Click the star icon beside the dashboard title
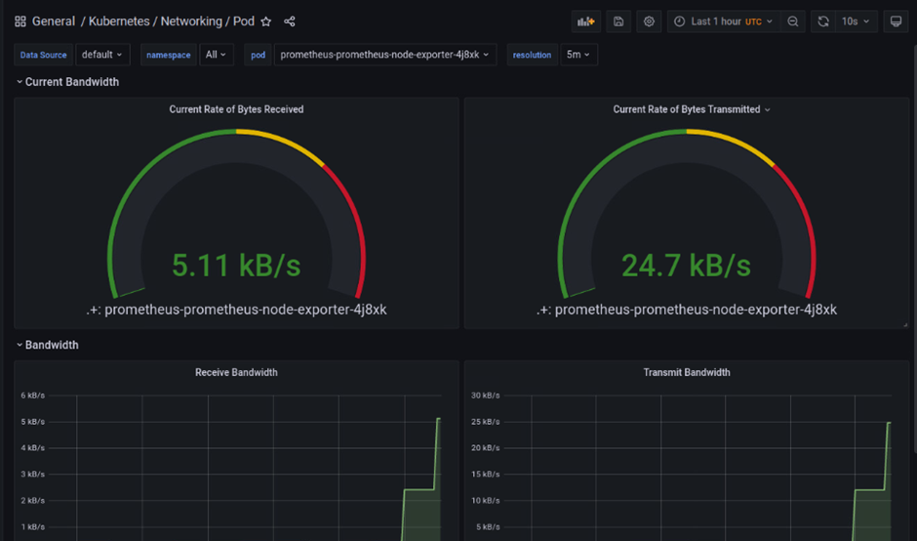point(265,21)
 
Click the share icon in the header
point(289,21)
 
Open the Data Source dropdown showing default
point(101,55)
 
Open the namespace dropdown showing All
point(216,55)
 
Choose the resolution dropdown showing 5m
point(578,55)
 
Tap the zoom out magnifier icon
point(793,21)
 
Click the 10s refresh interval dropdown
point(856,21)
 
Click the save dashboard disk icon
point(618,21)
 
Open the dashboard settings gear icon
point(649,21)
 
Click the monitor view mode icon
point(896,21)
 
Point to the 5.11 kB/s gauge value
point(236,265)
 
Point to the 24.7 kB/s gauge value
point(686,265)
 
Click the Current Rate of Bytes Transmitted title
point(687,109)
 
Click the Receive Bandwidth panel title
point(236,372)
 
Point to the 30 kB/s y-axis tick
point(486,395)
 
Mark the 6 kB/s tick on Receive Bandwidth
point(32,395)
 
